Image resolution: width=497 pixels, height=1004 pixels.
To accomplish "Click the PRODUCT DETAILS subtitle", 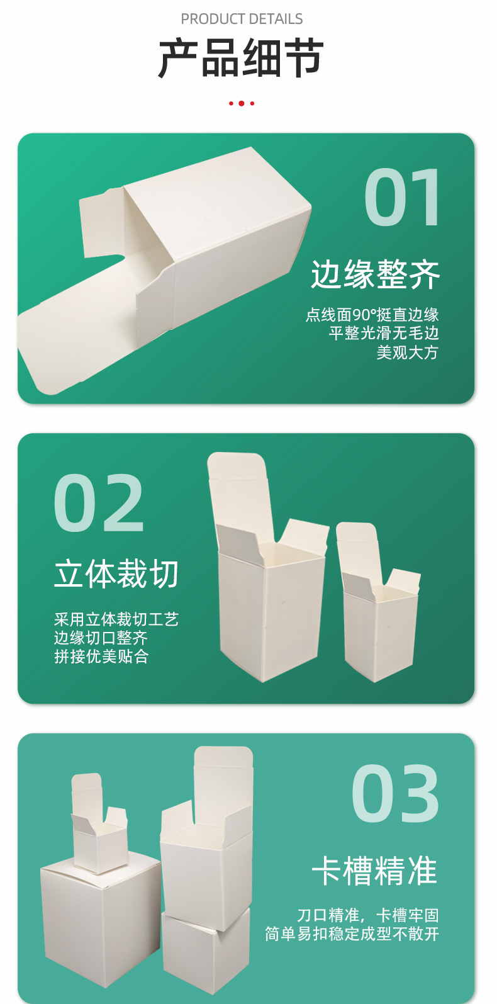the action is tap(242, 19).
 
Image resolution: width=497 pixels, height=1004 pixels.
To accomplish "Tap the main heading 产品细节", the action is tap(241, 59).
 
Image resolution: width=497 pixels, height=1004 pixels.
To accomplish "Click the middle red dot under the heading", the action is tap(242, 103).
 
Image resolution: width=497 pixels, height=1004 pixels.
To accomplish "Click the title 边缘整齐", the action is tap(375, 274).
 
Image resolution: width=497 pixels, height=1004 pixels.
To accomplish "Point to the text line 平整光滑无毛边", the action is tap(384, 333).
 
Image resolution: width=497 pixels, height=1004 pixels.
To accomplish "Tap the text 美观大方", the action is tap(407, 353).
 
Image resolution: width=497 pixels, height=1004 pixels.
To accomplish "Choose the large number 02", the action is tap(99, 502).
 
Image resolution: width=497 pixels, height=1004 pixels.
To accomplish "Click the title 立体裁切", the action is tap(116, 573).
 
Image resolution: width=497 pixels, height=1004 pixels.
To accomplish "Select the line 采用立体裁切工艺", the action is tap(116, 619).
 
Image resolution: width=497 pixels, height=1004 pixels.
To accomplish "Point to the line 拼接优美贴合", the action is tap(101, 656).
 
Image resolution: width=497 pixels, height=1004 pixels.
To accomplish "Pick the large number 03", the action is tap(395, 793).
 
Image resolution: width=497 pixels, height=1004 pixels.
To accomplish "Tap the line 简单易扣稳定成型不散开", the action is tap(352, 933).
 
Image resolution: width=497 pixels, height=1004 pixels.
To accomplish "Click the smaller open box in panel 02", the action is tap(378, 602).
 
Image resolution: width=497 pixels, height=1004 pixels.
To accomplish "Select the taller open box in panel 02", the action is tap(269, 567).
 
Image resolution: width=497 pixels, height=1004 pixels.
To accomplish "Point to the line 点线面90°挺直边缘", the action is tap(372, 315).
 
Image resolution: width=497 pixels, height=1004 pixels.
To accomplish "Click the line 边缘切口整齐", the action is tap(101, 638).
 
